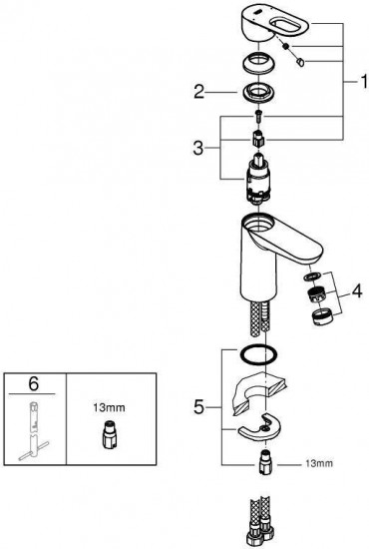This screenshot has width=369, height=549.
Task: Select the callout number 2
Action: click(x=199, y=92)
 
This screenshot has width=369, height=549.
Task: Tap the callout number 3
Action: click(x=198, y=148)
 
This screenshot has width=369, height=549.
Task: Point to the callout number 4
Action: click(x=357, y=291)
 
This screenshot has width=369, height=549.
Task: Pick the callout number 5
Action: click(x=198, y=407)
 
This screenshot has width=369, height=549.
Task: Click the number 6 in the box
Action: click(x=33, y=384)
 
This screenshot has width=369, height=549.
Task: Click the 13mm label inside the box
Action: click(x=109, y=407)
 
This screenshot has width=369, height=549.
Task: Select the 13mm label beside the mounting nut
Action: click(x=319, y=463)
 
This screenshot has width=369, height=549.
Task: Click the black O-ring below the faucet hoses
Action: click(x=258, y=354)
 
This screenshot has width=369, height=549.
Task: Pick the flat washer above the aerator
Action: click(x=310, y=276)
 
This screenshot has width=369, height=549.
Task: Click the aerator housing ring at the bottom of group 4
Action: click(x=322, y=316)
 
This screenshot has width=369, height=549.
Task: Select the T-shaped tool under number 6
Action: click(x=34, y=431)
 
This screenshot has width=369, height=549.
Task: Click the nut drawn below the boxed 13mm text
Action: click(x=109, y=433)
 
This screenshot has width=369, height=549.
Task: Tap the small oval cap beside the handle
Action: click(x=300, y=62)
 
